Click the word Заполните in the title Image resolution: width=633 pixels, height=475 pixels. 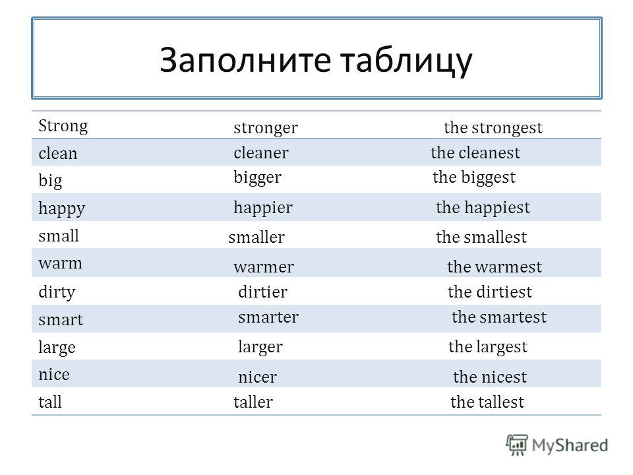pos(245,60)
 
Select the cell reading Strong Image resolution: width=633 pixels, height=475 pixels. pos(63,125)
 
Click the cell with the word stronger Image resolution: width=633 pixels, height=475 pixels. pos(266,128)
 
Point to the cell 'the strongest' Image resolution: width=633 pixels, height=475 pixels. pos(493,128)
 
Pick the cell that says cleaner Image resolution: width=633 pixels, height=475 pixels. pos(261,152)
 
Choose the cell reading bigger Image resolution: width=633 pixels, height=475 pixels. pos(257,177)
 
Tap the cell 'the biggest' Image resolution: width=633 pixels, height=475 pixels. pos(474,177)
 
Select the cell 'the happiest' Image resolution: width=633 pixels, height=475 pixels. pos(483,208)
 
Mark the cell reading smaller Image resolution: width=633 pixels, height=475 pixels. pos(256,237)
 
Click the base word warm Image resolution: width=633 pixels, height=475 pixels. pos(60,263)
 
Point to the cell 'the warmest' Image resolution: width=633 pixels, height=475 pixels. pos(495,267)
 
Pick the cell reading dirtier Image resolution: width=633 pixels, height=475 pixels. pos(263,292)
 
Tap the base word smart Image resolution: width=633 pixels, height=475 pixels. pos(61,319)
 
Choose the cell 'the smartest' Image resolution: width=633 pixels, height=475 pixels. pos(499,317)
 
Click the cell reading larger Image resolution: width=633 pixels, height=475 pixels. pos(260,348)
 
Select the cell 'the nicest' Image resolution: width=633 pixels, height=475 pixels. pos(490,377)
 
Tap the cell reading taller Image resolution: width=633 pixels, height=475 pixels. pos(253,402)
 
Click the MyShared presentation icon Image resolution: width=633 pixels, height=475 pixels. pos(517,445)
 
